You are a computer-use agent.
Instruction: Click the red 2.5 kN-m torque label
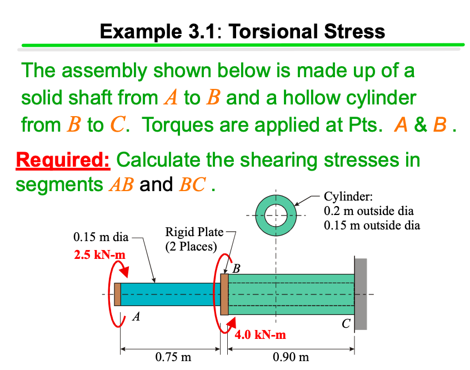(99, 255)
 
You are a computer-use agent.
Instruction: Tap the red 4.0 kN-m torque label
(260, 334)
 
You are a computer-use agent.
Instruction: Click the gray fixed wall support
(361, 294)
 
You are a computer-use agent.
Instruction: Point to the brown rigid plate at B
(224, 294)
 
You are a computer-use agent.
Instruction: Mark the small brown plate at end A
(117, 294)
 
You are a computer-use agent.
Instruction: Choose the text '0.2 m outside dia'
(368, 211)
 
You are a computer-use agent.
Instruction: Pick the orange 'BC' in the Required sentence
(191, 184)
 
